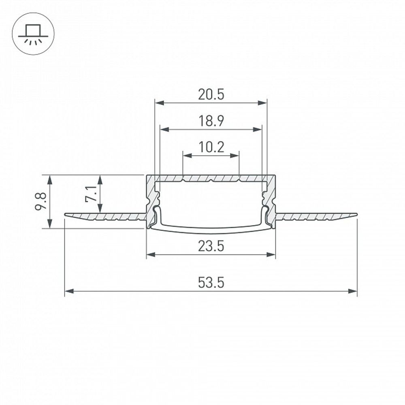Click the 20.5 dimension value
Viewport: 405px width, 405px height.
point(211,94)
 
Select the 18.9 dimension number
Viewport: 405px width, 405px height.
point(211,121)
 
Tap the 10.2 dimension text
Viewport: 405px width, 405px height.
point(211,147)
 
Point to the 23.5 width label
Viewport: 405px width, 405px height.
point(211,246)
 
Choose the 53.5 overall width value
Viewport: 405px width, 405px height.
point(211,282)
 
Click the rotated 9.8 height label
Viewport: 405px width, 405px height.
point(41,201)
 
